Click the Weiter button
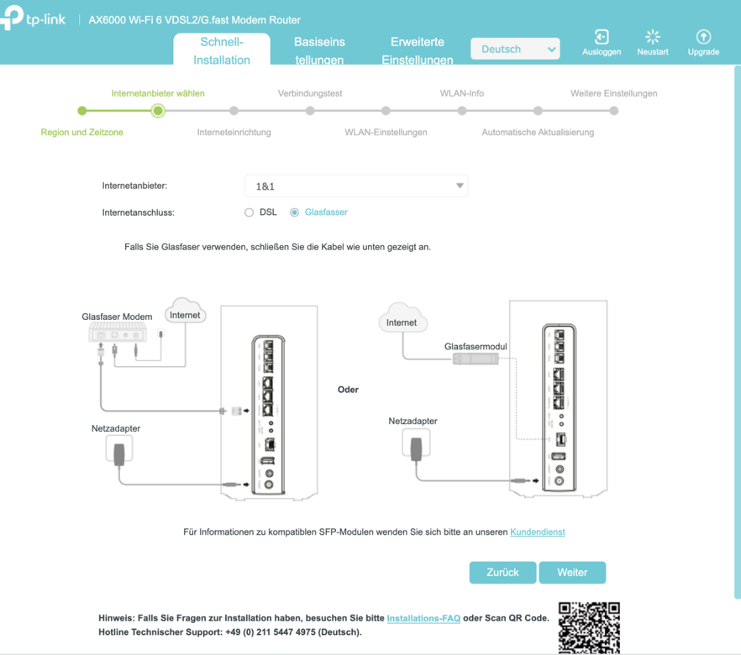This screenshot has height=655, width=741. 572,573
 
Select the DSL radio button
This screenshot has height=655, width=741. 249,212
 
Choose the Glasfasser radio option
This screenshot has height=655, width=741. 294,212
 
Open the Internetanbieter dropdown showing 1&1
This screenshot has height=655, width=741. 356,186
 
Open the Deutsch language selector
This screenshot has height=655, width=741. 515,49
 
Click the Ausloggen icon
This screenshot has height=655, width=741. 602,37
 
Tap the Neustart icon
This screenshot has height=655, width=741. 653,37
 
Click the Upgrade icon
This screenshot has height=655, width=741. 704,37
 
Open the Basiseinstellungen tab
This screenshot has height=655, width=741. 319,50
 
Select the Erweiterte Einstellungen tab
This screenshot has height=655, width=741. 418,50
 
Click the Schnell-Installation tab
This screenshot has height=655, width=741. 222,50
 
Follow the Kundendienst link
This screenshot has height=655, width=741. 538,532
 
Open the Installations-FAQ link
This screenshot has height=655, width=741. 423,618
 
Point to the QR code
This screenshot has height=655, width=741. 589,627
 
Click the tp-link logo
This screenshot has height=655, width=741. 33,18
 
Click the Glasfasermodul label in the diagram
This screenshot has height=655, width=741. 476,346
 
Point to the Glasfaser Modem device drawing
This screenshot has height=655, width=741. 118,332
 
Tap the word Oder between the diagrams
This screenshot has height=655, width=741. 348,390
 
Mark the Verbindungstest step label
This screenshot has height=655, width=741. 310,93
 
